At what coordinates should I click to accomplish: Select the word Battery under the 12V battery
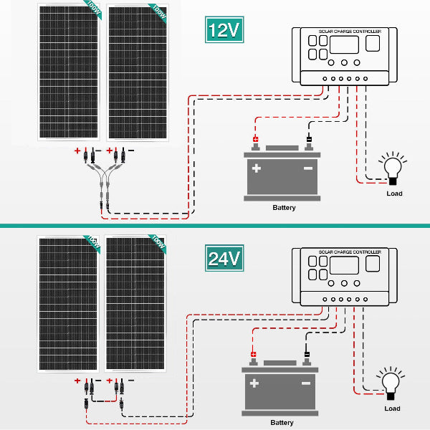(284, 208)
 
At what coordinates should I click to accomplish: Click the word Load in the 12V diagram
(394, 193)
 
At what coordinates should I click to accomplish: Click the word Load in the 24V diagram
(392, 408)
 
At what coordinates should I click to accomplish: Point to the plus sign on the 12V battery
(256, 170)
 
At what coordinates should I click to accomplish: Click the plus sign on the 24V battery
(253, 383)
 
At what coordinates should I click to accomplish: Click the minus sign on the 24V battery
(305, 383)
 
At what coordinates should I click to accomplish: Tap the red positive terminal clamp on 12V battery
(254, 140)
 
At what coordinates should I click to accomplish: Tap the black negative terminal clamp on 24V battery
(306, 354)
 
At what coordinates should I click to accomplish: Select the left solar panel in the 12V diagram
(69, 72)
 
